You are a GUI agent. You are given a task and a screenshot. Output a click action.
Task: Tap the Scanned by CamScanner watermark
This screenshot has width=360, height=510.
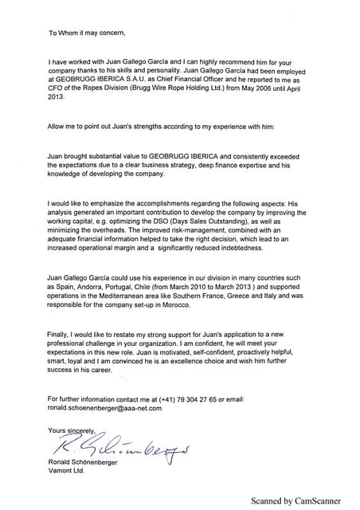(293, 501)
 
